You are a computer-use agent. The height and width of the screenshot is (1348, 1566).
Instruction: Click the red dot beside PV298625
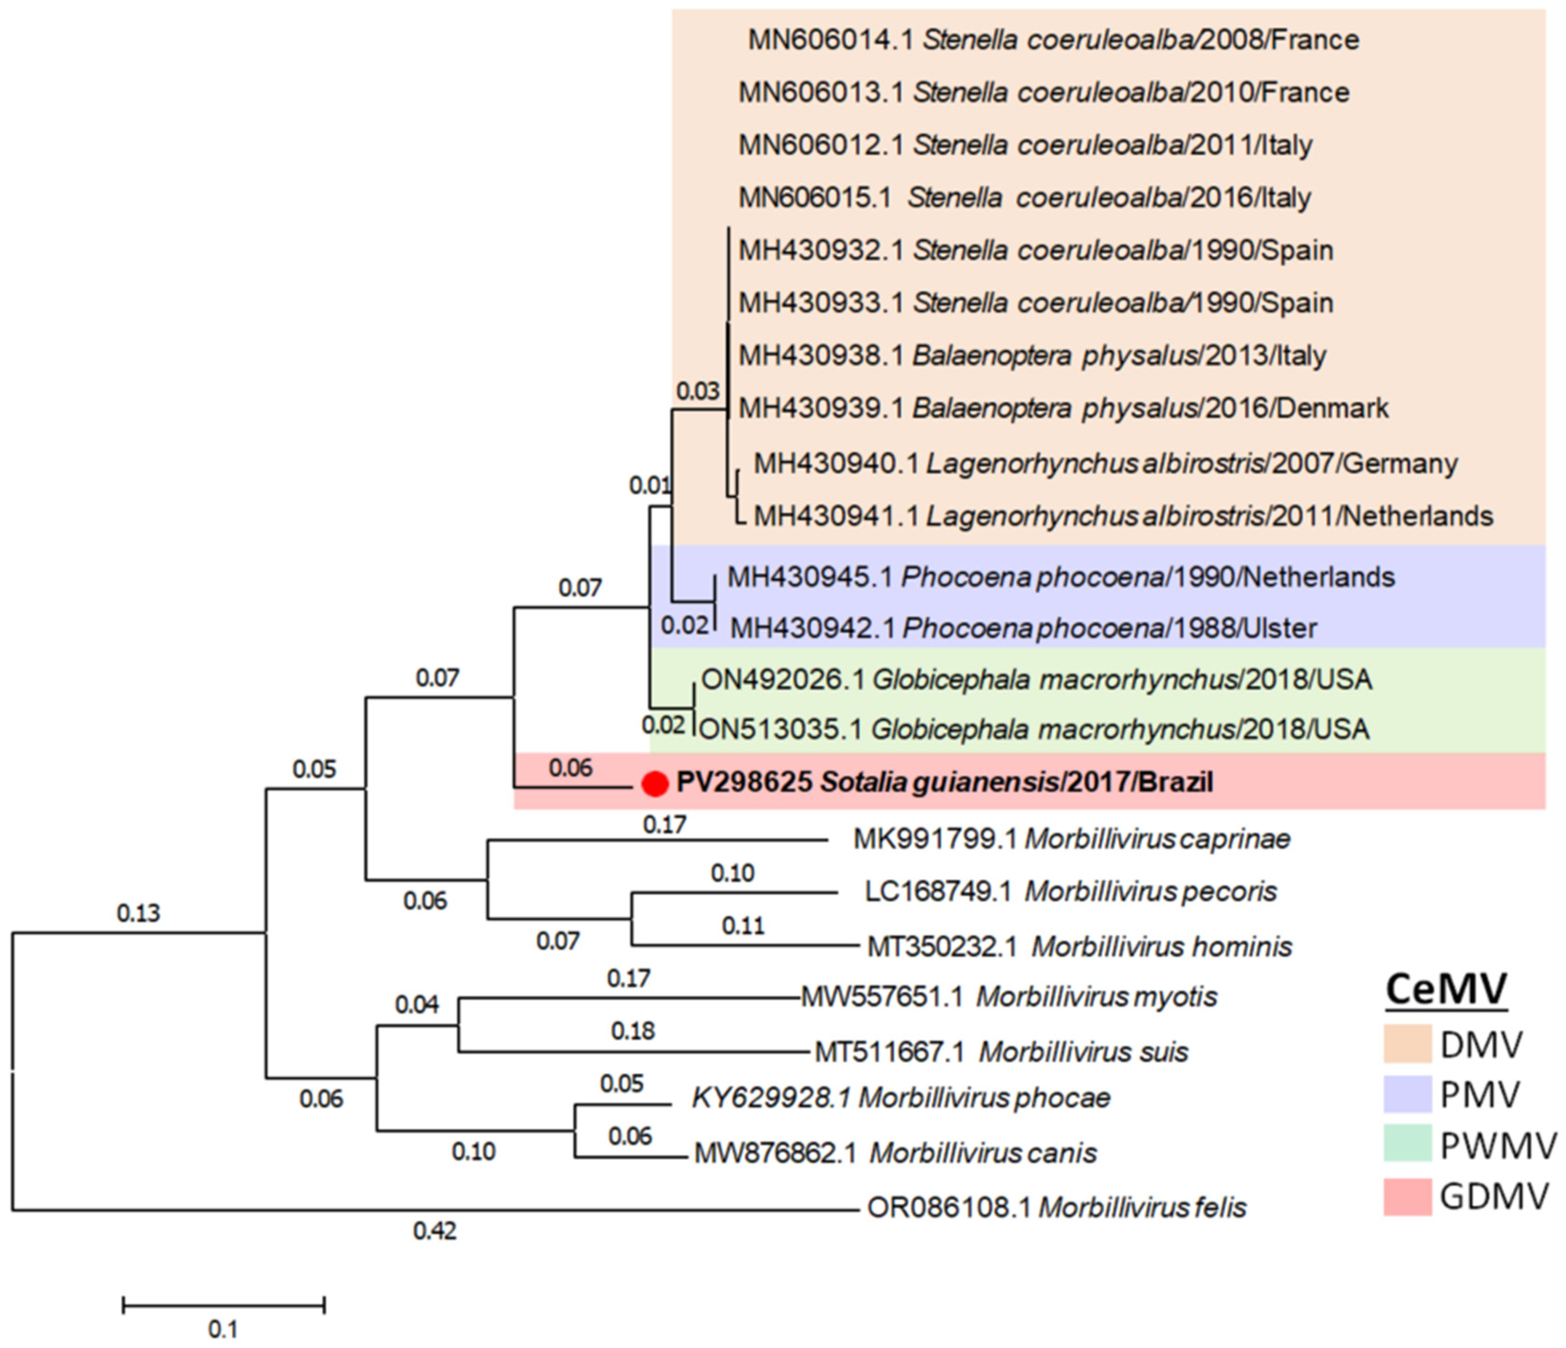point(655,783)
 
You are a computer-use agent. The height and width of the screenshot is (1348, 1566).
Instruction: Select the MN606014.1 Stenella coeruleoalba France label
point(1053,39)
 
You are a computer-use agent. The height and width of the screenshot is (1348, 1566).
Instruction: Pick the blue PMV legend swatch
point(1407,1094)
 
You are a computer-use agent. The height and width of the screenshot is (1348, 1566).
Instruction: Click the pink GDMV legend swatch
point(1407,1197)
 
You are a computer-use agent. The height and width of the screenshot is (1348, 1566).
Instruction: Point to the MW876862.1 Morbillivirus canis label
point(895,1153)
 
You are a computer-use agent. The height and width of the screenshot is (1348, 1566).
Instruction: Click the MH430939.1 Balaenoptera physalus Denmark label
point(1063,408)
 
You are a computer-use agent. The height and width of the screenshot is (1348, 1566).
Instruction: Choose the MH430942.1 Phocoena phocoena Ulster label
point(1023,628)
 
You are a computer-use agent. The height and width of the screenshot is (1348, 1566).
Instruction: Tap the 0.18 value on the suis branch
point(633,1031)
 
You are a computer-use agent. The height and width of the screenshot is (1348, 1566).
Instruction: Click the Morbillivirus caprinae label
point(1072,839)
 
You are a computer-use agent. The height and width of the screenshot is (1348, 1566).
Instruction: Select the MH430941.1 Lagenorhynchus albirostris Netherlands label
point(1123,516)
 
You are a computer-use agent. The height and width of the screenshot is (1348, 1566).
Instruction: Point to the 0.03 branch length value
point(698,391)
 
